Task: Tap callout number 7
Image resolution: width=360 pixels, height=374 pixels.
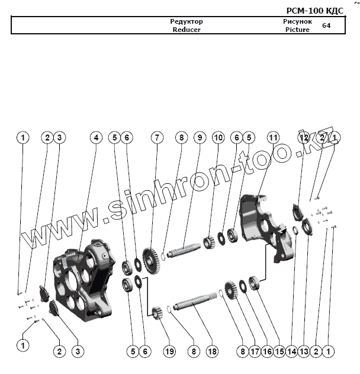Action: coord(156,138)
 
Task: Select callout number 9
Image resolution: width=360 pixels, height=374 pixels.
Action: coord(200,138)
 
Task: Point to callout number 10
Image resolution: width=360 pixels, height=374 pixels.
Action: coord(218,138)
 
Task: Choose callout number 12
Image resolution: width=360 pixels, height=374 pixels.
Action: coord(304,138)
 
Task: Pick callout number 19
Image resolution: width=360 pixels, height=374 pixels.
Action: coord(170,351)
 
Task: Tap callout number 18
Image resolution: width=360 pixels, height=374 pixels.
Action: coord(212,351)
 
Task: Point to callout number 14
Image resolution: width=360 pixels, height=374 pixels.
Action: coord(291,351)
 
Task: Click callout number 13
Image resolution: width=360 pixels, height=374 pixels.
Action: coord(304,351)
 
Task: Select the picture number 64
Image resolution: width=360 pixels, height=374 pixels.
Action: coord(326,25)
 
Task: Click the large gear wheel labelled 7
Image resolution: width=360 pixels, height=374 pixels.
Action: coord(152,261)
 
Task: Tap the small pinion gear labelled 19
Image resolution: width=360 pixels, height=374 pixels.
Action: coord(157,312)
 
